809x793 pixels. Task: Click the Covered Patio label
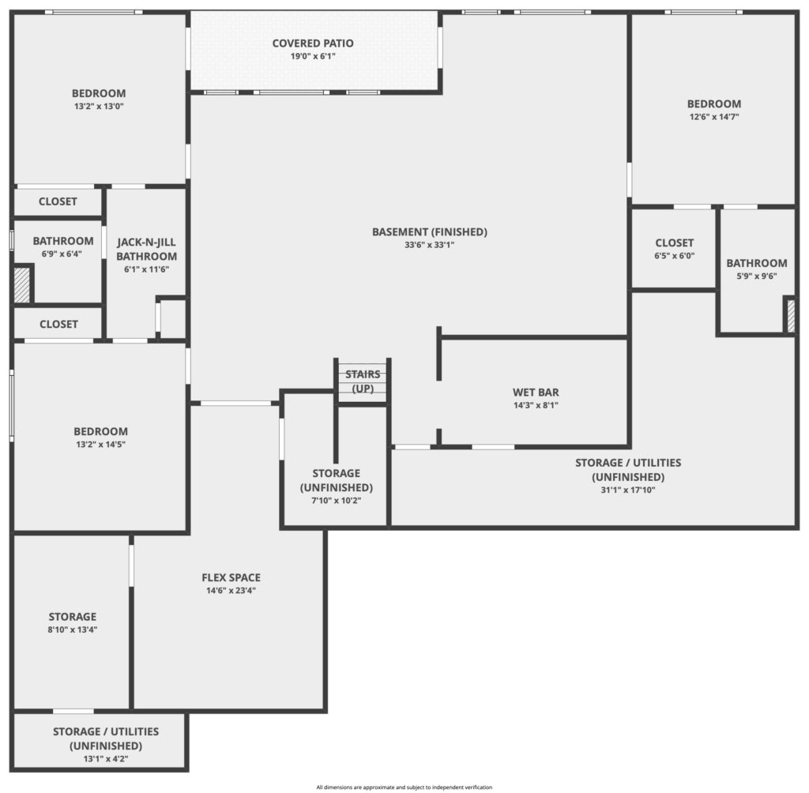(x=313, y=43)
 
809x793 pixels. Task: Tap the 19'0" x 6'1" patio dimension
(x=313, y=56)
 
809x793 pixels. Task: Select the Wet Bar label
(x=536, y=393)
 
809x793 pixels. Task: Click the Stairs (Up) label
(x=363, y=381)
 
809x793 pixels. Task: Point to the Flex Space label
(x=231, y=578)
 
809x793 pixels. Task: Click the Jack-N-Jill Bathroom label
(x=146, y=250)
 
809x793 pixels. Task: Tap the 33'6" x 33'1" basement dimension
(x=429, y=245)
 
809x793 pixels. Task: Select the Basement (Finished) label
(x=430, y=232)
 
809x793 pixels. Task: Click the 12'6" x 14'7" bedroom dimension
(x=714, y=117)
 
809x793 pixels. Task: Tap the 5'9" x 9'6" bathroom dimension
(x=756, y=276)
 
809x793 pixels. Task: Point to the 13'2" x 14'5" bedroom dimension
(x=100, y=444)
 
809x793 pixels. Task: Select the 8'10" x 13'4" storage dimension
(x=72, y=630)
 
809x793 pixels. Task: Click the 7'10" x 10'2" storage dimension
(x=336, y=501)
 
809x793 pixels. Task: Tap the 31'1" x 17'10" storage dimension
(x=628, y=490)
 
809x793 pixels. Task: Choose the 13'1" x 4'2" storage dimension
(x=106, y=759)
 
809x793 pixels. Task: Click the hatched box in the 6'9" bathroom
(x=21, y=285)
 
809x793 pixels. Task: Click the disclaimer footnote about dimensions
(x=404, y=787)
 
